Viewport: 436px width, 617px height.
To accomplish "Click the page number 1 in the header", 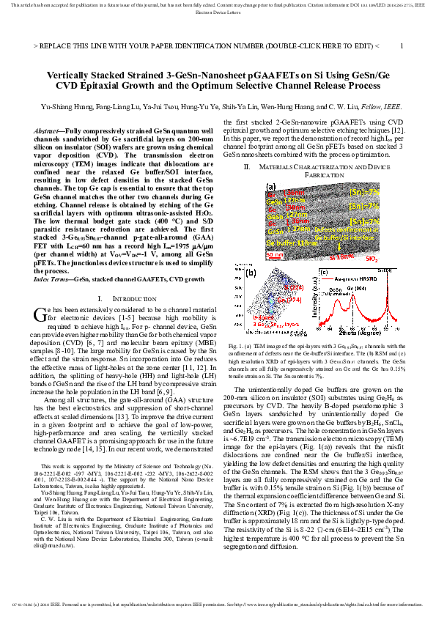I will tap(401, 45).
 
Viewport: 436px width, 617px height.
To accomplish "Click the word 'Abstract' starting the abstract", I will tap(49, 130).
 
